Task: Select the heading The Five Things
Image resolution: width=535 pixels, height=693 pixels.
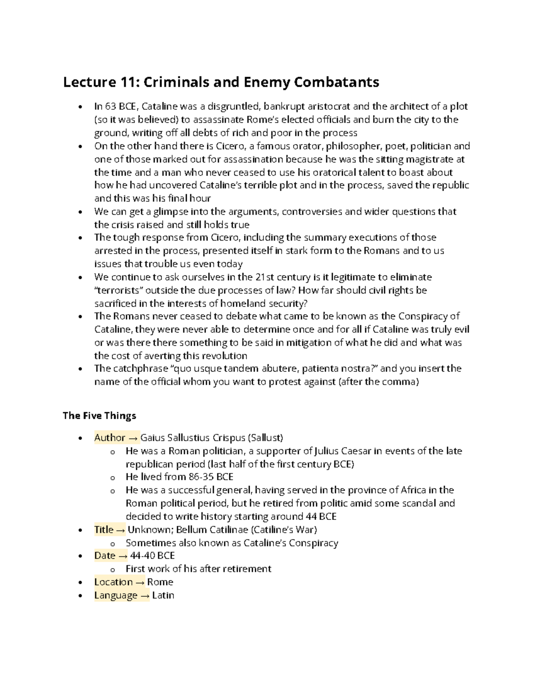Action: pyautogui.click(x=99, y=416)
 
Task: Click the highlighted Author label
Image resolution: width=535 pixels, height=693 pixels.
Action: pyautogui.click(x=110, y=438)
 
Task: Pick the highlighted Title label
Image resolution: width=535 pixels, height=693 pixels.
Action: pyautogui.click(x=104, y=530)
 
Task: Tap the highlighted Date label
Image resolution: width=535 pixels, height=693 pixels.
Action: pyautogui.click(x=105, y=556)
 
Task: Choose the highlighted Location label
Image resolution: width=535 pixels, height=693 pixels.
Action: pyautogui.click(x=113, y=582)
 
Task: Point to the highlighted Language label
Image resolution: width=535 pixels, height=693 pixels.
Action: pyautogui.click(x=115, y=595)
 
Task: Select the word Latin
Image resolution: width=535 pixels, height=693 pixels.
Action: pyautogui.click(x=163, y=595)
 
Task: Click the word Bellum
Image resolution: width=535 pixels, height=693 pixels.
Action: pyautogui.click(x=192, y=530)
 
